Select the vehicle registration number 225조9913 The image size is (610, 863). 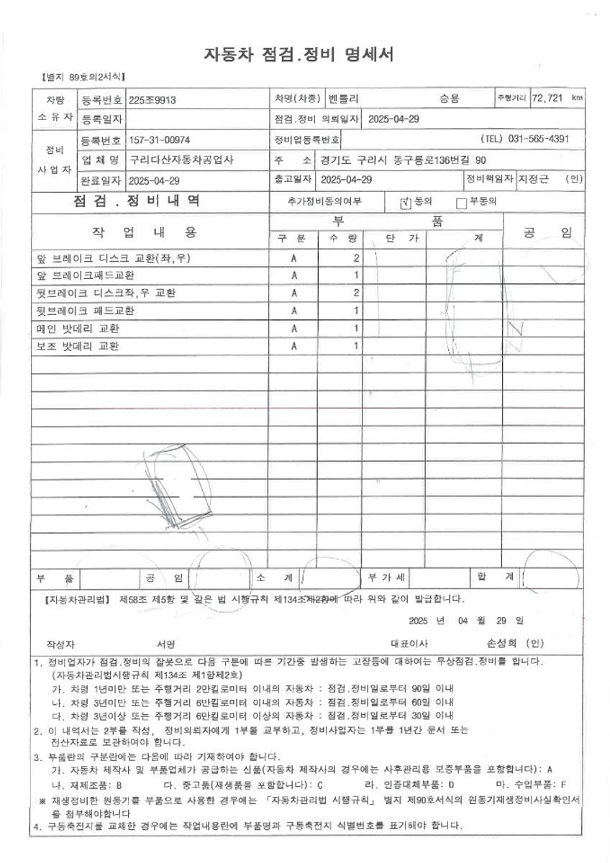coord(152,100)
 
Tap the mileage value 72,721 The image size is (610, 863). coord(547,98)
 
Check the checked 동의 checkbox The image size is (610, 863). coord(406,203)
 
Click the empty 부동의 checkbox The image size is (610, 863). coord(462,203)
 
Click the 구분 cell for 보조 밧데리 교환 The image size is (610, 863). coord(293,347)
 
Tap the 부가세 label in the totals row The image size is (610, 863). coord(387,577)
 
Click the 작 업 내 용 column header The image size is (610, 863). coord(144,232)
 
